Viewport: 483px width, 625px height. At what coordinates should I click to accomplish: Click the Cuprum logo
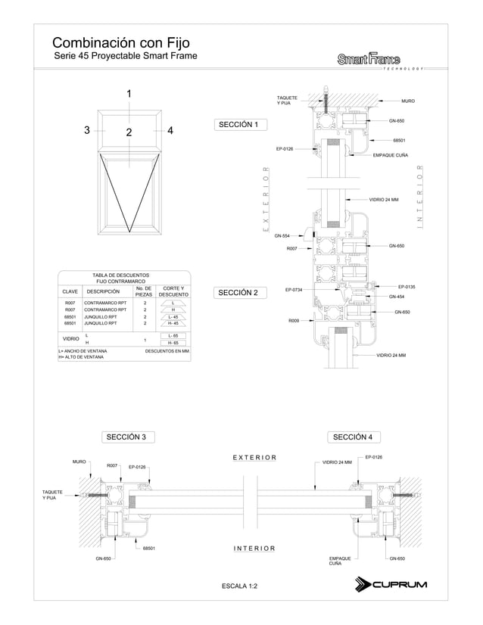click(x=391, y=584)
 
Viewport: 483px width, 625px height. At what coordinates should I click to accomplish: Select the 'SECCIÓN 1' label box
click(x=238, y=125)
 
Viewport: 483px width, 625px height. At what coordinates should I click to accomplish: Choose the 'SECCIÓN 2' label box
click(x=238, y=293)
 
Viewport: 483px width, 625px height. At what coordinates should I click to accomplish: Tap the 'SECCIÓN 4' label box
click(x=352, y=437)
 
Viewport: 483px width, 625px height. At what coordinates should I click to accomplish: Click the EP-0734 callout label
click(x=294, y=290)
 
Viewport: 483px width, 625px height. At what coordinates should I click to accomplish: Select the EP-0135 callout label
click(x=407, y=287)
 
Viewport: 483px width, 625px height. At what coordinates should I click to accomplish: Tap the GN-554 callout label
click(x=282, y=237)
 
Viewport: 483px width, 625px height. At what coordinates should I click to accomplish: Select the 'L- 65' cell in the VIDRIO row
click(x=173, y=335)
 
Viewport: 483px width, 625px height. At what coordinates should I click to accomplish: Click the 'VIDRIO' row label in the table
click(x=70, y=340)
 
